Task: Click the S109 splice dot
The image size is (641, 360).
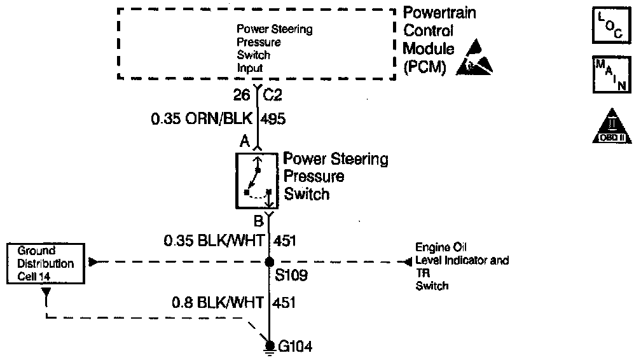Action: [270, 261]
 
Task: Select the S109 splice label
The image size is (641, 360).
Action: [289, 278]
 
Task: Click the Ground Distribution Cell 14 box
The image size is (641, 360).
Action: [46, 263]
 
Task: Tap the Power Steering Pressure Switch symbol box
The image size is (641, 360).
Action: [258, 180]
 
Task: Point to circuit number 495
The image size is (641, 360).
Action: [275, 118]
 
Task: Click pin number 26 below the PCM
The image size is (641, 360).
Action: [242, 95]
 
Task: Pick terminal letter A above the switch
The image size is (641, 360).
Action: [244, 143]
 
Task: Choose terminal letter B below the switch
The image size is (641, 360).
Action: [258, 221]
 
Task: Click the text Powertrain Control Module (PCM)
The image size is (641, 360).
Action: [439, 40]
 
